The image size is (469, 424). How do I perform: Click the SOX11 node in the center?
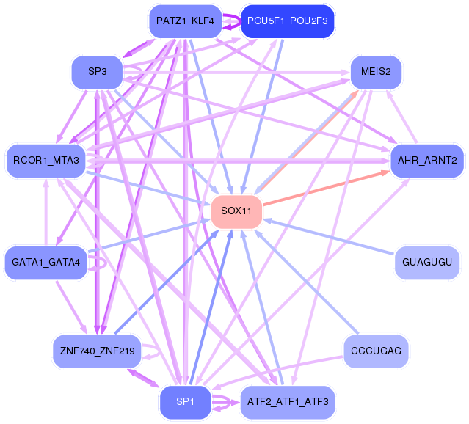click(x=236, y=211)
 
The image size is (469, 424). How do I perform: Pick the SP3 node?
click(x=96, y=72)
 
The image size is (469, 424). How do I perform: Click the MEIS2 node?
click(x=376, y=72)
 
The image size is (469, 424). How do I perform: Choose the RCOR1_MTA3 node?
click(x=46, y=159)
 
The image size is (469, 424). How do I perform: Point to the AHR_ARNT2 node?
click(x=427, y=159)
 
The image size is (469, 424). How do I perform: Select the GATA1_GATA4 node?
click(x=46, y=262)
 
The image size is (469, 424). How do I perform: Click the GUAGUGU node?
click(x=427, y=262)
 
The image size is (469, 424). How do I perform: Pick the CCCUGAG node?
click(x=376, y=351)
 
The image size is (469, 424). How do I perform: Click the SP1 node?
click(x=185, y=401)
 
